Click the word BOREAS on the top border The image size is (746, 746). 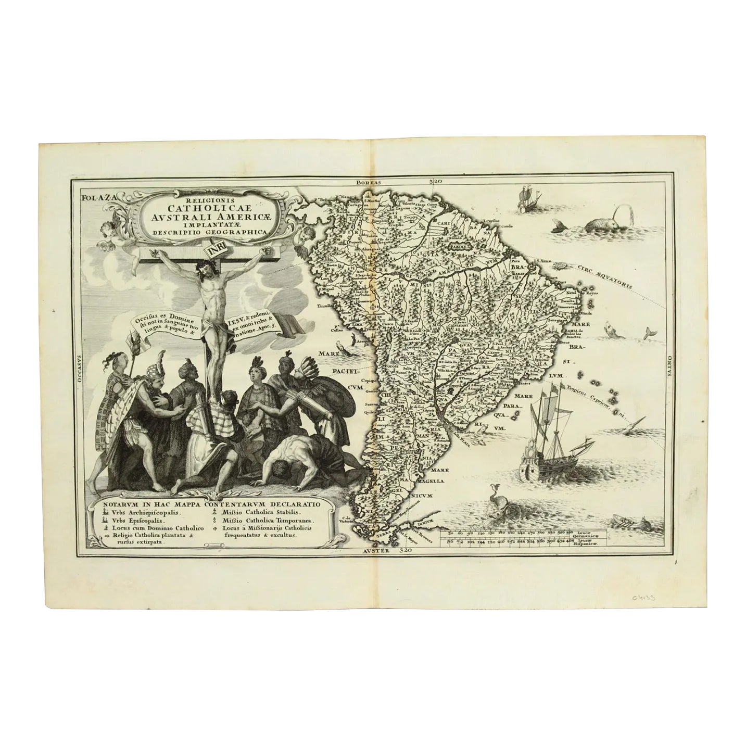369,182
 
